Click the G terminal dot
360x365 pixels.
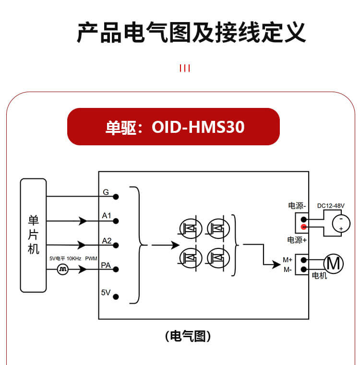(x=116, y=197)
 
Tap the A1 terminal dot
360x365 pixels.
(x=116, y=221)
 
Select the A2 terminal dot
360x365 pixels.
(x=116, y=245)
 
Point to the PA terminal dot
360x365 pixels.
(x=116, y=270)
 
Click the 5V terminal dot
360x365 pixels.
(x=116, y=296)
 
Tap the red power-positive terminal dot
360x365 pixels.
(x=304, y=227)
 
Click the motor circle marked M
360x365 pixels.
(x=334, y=264)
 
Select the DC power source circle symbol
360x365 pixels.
(x=341, y=224)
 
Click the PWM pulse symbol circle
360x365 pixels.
(x=63, y=270)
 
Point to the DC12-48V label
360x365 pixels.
(x=331, y=206)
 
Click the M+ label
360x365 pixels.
(x=288, y=259)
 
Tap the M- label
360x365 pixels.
(x=288, y=270)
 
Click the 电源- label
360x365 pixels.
(x=297, y=206)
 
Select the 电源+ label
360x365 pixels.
(x=297, y=240)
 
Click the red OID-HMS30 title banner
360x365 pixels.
(x=174, y=127)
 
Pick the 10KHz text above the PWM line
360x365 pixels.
(x=74, y=259)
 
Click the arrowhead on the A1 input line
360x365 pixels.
(x=83, y=221)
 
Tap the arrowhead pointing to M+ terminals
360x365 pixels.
(x=276, y=264)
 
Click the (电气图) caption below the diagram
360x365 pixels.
(x=188, y=336)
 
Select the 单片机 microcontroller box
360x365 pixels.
(x=33, y=235)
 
